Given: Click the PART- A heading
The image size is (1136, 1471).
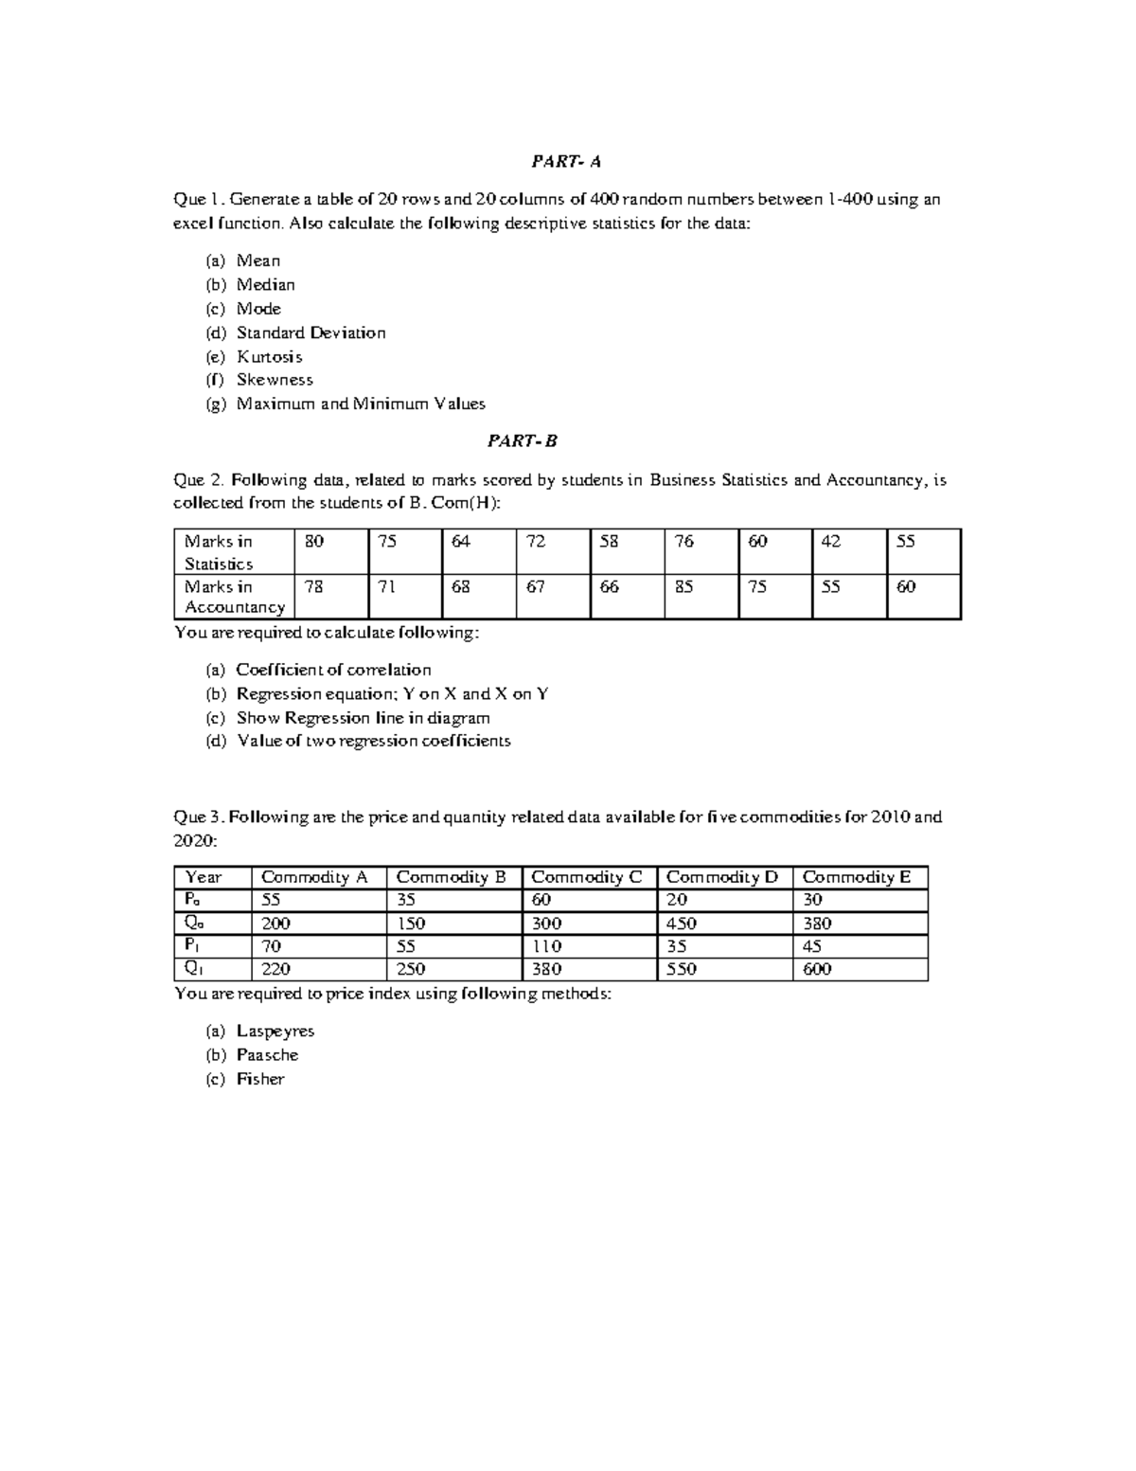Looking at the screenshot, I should (x=566, y=162).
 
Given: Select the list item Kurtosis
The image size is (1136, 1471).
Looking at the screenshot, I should (x=269, y=357).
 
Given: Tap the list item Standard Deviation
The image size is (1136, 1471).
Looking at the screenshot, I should (x=311, y=332).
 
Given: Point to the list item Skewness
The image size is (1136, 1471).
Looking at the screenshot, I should (x=275, y=380).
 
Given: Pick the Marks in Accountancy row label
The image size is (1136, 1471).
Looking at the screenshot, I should (x=234, y=597).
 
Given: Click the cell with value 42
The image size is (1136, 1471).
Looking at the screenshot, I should (x=831, y=542).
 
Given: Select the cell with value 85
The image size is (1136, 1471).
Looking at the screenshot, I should (x=683, y=587).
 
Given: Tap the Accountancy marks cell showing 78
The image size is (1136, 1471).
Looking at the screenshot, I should (x=314, y=587).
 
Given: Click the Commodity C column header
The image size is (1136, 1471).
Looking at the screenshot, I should (x=587, y=877).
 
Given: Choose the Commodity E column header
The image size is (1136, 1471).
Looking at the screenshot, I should (x=857, y=877).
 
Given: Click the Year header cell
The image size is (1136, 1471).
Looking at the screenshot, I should (x=204, y=877).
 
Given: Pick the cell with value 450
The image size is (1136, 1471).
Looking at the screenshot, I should (x=682, y=924).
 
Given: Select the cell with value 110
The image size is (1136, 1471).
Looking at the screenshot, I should (x=546, y=946).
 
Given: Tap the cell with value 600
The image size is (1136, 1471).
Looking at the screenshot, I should (x=817, y=969).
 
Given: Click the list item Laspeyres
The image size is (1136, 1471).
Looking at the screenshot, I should (x=275, y=1031).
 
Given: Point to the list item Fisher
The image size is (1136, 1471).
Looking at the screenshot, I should (x=260, y=1079).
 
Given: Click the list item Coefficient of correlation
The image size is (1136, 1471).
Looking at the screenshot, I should (x=333, y=670).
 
